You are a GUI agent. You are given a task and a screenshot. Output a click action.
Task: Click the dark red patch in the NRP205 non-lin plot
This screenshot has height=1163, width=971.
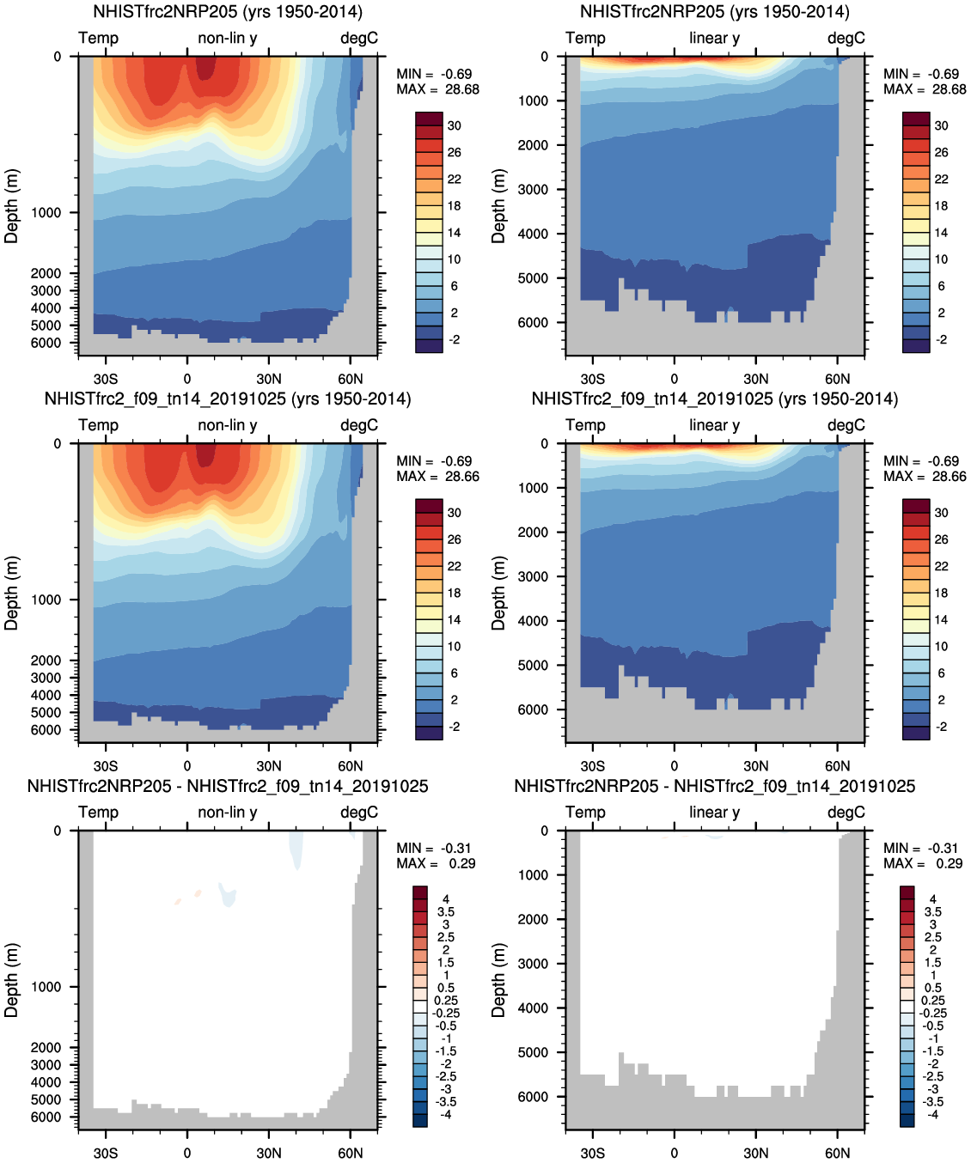click(x=205, y=67)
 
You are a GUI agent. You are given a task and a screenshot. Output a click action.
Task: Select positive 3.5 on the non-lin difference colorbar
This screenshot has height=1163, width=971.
click(x=446, y=912)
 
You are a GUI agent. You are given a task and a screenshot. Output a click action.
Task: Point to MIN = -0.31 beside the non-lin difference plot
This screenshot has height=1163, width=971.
click(x=434, y=849)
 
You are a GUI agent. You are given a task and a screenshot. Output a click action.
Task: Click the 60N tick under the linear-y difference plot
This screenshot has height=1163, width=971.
click(x=837, y=1153)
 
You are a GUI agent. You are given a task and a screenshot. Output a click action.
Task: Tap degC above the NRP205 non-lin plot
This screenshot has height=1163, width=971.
click(x=358, y=39)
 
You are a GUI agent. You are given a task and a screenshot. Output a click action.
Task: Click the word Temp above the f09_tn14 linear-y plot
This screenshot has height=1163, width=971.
click(x=585, y=425)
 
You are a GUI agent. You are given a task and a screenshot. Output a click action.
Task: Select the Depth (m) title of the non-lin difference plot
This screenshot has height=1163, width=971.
click(x=11, y=980)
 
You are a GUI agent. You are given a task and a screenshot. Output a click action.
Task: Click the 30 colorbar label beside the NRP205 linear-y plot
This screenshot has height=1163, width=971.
click(x=941, y=125)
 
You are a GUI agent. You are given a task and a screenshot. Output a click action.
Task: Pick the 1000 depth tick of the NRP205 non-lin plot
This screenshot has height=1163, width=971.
click(x=46, y=213)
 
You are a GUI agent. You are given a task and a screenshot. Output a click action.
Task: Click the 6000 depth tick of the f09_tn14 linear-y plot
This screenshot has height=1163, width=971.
click(x=532, y=709)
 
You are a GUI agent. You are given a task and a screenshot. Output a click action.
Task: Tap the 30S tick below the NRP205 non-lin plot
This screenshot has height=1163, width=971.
click(x=106, y=379)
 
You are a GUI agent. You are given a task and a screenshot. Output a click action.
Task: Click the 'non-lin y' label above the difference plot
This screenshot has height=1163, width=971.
click(x=227, y=813)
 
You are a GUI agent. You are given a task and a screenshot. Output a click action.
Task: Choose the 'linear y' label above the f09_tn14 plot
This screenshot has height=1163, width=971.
click(x=714, y=425)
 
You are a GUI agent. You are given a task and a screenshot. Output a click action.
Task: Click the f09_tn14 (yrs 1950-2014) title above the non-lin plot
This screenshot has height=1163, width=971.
click(x=228, y=399)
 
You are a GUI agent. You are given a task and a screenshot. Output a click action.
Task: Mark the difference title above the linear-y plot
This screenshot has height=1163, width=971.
click(x=714, y=787)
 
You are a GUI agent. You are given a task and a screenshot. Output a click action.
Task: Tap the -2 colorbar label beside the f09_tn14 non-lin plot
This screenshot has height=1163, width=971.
click(x=454, y=727)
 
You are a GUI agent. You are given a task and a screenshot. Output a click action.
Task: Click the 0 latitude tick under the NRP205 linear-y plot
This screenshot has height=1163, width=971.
click(x=674, y=379)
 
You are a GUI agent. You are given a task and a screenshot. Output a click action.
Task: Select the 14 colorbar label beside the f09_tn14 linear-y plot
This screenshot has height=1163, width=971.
click(x=941, y=619)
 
